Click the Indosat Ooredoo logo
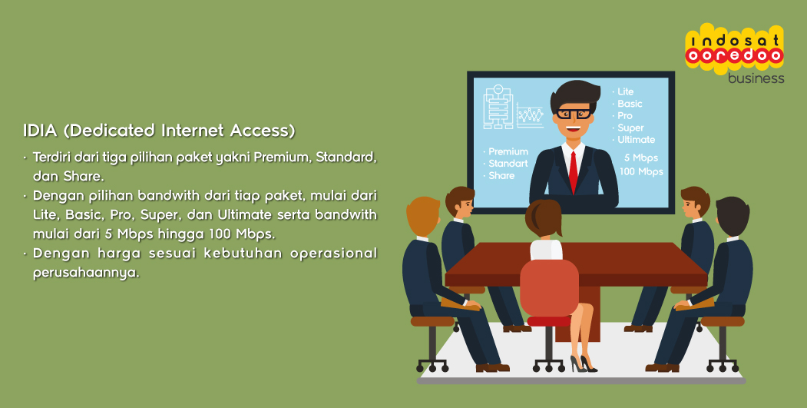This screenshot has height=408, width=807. (x=734, y=49)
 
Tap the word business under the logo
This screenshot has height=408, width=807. (x=756, y=78)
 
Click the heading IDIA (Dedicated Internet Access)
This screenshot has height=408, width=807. (x=159, y=131)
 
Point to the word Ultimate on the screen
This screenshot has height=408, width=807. (x=636, y=140)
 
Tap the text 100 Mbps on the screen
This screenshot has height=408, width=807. (x=640, y=171)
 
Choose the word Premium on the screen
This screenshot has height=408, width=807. (x=508, y=151)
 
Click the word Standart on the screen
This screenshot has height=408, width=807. (x=508, y=164)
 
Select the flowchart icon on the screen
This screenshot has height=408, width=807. (x=499, y=107)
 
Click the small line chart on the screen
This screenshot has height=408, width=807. (x=530, y=115)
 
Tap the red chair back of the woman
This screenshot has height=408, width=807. (x=549, y=287)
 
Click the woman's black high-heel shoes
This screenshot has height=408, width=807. (x=583, y=363)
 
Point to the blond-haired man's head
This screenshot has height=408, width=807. (x=423, y=217)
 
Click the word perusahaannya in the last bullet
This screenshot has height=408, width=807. (x=86, y=273)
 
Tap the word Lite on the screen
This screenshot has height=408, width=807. (x=625, y=91)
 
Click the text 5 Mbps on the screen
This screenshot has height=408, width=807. (x=640, y=158)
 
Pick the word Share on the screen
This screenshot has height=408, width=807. (x=501, y=176)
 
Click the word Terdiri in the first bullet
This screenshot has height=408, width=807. (x=51, y=157)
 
